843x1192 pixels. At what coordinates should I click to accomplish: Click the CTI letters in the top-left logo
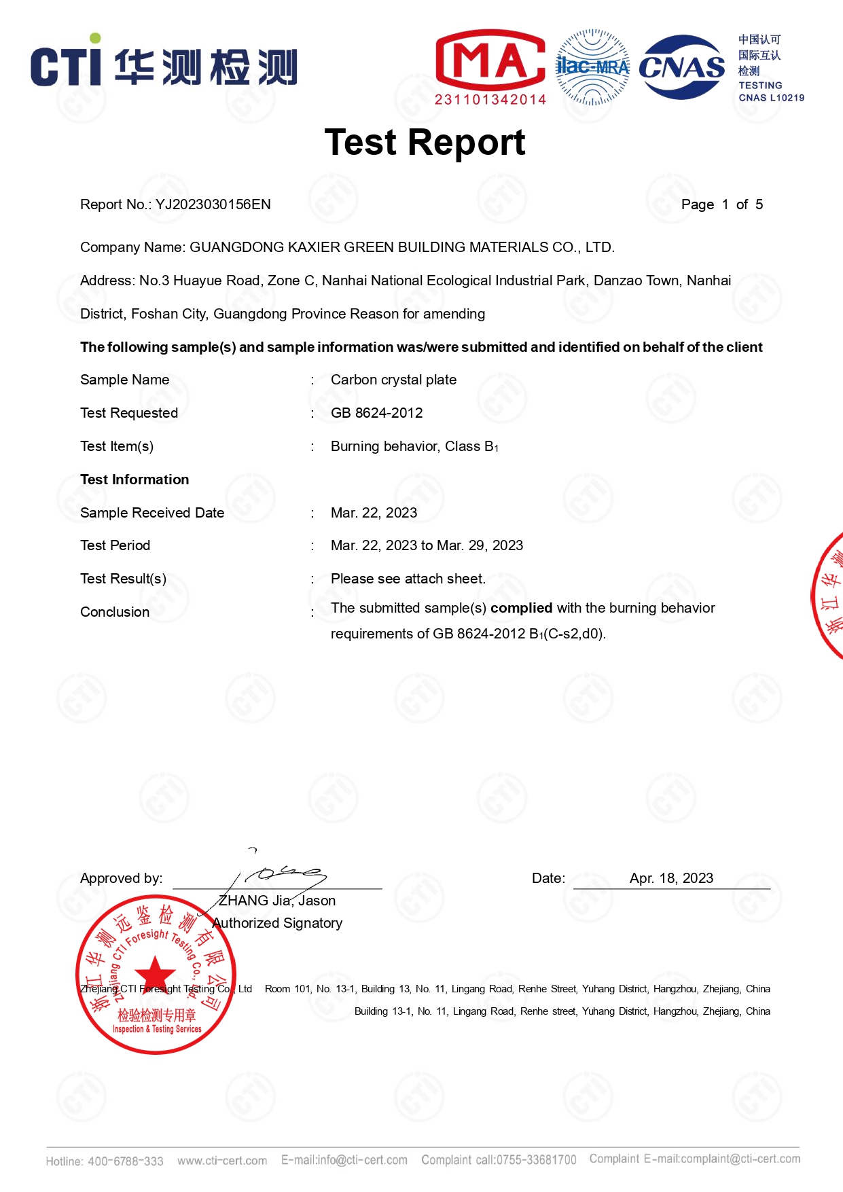66,66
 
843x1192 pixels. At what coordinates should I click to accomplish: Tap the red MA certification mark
490,60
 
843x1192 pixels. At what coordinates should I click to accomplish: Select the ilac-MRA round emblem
593,67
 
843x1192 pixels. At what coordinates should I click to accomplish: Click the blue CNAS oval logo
682,67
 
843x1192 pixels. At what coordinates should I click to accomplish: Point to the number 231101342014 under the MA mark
490,100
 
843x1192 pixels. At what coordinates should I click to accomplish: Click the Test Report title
425,143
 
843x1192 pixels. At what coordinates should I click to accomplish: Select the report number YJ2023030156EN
213,204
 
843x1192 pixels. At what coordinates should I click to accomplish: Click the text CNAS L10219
771,98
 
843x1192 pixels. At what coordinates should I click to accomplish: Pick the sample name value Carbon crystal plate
393,380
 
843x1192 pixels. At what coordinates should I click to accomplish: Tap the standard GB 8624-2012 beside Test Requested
376,413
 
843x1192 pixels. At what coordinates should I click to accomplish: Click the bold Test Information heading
134,480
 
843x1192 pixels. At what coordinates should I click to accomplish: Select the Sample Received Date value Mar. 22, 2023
374,513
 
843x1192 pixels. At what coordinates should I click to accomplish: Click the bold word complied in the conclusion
521,608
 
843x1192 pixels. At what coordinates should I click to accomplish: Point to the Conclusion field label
115,612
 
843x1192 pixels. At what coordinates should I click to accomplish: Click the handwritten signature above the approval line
285,874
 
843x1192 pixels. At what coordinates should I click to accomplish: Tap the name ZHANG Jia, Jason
276,901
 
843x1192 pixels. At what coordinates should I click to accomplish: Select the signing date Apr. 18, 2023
671,878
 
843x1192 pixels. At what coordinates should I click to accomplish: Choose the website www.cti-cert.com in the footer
222,1161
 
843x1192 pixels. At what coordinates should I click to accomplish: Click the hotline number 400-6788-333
126,1161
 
